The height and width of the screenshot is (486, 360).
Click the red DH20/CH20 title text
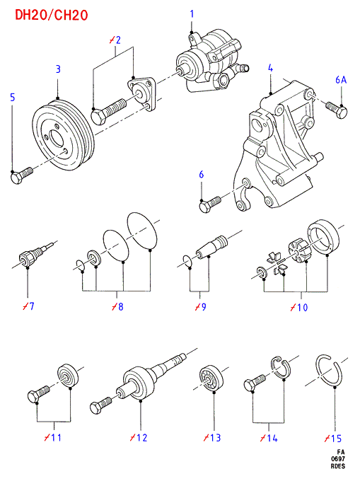pos(52,15)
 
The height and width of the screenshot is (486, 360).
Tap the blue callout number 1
pos(192,14)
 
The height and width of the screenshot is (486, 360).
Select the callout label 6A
pos(341,80)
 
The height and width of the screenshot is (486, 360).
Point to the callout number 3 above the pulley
pos(58,69)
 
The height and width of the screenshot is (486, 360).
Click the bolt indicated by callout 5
pos(21,175)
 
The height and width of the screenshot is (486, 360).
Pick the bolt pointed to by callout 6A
pos(337,110)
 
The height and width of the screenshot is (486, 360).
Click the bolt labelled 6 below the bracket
pos(210,204)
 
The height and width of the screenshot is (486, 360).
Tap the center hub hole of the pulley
pos(57,139)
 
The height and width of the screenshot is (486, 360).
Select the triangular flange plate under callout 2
pos(141,93)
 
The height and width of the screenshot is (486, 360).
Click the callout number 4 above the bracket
pos(270,68)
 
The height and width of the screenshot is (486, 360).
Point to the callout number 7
pos(28,306)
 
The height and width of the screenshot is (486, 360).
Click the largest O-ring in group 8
pos(142,231)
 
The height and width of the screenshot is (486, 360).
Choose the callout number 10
pos(298,307)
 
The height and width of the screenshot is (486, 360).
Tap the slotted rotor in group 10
pos(299,250)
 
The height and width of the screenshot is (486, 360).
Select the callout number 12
pos(139,438)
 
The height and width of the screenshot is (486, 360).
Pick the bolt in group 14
pos(255,383)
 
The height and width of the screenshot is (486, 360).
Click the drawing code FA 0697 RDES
pos(337,459)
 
